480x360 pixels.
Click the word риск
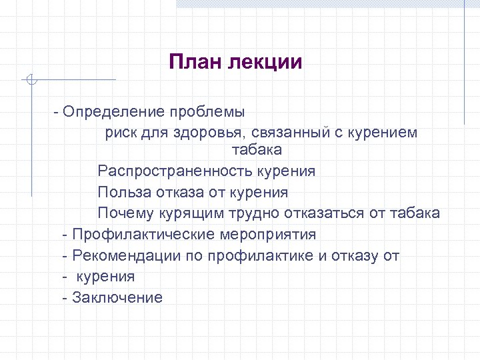click(x=119, y=132)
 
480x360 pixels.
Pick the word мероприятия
click(x=270, y=235)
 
